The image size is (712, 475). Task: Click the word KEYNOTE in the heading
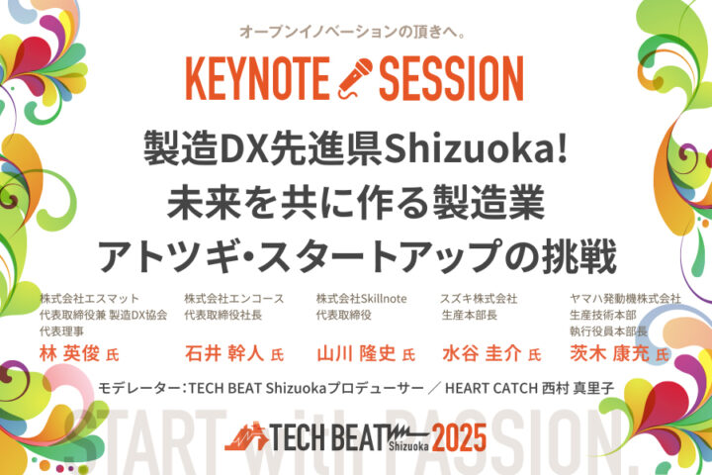257,78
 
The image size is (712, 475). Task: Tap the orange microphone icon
355,78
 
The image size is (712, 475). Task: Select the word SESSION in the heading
451,78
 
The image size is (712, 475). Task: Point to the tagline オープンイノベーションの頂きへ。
353,32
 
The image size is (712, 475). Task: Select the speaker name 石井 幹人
224,353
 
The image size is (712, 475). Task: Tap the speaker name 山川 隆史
356,353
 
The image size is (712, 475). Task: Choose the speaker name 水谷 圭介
482,353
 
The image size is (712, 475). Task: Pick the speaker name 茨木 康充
609,353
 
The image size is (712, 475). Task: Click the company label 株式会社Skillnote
362,299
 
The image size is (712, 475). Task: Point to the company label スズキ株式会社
479,299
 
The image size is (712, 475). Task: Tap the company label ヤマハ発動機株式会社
625,299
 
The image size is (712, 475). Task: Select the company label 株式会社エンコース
233,299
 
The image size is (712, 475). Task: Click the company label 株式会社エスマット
89,299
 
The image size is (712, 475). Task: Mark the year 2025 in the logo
459,437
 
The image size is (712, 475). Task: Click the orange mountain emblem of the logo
246,436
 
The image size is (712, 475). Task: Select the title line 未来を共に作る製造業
356,202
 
